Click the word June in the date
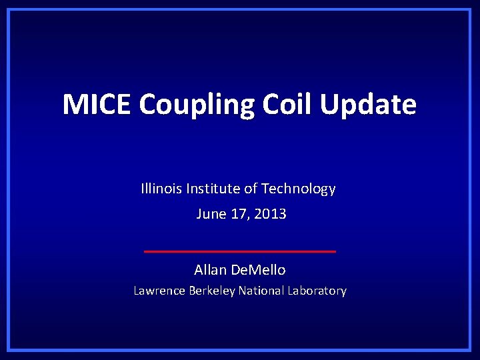tap(211, 214)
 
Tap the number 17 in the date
tap(239, 214)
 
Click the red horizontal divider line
tap(240, 251)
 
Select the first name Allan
tap(211, 270)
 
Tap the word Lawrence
tap(159, 291)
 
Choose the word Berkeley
tap(212, 291)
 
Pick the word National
tap(260, 291)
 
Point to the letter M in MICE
tap(75, 105)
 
